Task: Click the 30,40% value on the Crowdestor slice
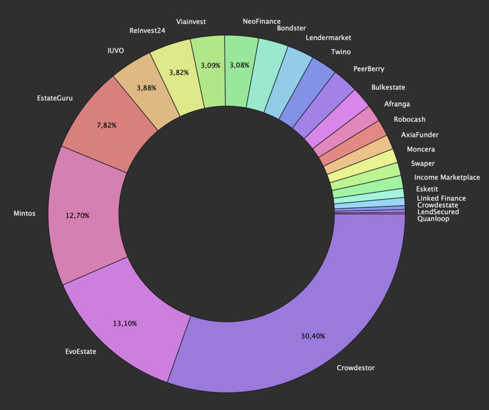[313, 336]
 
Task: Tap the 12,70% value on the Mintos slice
[77, 215]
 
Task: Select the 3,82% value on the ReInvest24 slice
[180, 72]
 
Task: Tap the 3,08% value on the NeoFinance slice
[240, 65]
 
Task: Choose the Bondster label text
[291, 28]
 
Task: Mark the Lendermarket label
[328, 37]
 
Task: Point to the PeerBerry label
[369, 69]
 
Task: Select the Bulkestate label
[388, 87]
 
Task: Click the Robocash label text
[409, 119]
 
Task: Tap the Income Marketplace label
[447, 177]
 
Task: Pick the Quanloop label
[433, 219]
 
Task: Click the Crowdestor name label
[356, 367]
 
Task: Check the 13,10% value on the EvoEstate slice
[125, 324]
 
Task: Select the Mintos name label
[25, 214]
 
